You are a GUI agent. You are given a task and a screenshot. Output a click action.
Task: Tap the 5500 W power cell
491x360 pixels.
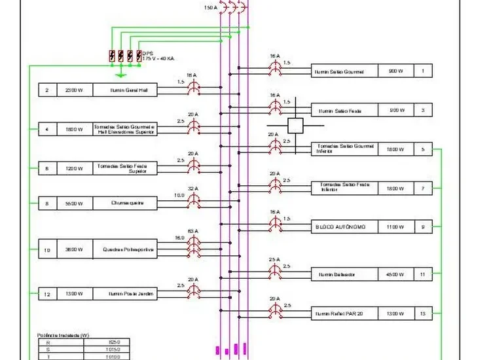click(74, 204)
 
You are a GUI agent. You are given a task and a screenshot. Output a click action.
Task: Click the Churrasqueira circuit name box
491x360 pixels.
click(125, 204)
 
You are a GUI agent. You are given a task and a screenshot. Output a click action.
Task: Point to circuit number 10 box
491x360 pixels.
click(47, 250)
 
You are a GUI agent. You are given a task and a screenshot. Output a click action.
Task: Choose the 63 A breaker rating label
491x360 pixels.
click(193, 231)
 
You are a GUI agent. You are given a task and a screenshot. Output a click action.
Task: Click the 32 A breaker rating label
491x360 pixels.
click(193, 189)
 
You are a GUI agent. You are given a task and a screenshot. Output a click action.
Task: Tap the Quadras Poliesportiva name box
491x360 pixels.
click(125, 250)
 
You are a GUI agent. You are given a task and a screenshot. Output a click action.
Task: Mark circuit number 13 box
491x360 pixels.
click(423, 314)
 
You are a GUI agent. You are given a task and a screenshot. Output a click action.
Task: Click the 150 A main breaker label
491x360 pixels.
click(209, 8)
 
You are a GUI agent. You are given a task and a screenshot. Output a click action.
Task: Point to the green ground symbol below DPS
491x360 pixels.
click(118, 74)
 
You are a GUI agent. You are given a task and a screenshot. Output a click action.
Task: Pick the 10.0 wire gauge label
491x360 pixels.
click(179, 195)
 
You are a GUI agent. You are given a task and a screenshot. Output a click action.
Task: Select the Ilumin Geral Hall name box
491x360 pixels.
click(125, 90)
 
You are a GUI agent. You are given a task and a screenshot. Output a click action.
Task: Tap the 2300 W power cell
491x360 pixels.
click(74, 90)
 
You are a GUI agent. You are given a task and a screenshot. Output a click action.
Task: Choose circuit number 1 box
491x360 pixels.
click(423, 71)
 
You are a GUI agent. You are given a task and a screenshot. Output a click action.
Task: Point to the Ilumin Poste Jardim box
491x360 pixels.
click(125, 294)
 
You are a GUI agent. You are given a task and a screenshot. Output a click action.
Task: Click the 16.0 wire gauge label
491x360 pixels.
click(179, 238)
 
